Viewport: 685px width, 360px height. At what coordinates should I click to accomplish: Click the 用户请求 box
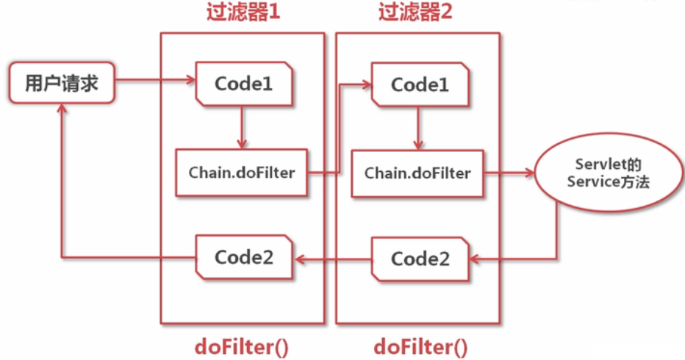(x=62, y=82)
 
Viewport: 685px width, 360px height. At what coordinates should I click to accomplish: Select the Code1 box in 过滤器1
(x=244, y=84)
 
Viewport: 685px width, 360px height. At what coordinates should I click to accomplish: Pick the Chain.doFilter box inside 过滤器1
(x=241, y=173)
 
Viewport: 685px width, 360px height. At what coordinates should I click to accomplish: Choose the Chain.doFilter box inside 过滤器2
(x=417, y=173)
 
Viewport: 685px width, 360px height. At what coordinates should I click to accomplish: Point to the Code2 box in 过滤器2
(x=420, y=259)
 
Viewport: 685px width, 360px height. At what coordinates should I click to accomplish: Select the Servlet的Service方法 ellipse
(x=608, y=173)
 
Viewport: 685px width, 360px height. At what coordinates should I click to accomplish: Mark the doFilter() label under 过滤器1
(x=243, y=345)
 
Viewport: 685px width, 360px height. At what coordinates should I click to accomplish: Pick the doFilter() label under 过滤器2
(x=420, y=345)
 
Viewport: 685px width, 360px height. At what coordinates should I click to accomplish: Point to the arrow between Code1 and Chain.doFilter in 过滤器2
(x=419, y=128)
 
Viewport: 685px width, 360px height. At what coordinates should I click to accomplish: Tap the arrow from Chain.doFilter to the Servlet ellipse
(x=509, y=173)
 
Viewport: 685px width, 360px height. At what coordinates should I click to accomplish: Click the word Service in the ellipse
(x=592, y=181)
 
